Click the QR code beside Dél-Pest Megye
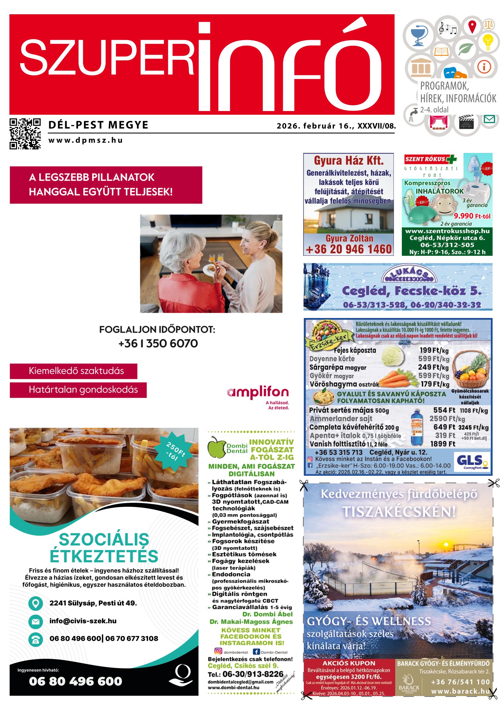click(25, 134)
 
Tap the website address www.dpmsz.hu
click(86, 140)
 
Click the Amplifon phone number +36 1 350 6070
click(158, 343)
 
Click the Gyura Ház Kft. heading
click(349, 161)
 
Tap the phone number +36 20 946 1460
click(349, 249)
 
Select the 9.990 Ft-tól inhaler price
click(472, 215)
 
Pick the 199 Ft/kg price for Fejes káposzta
click(434, 350)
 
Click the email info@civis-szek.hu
click(83, 621)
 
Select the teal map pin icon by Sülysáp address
click(36, 603)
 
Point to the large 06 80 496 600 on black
click(76, 681)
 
